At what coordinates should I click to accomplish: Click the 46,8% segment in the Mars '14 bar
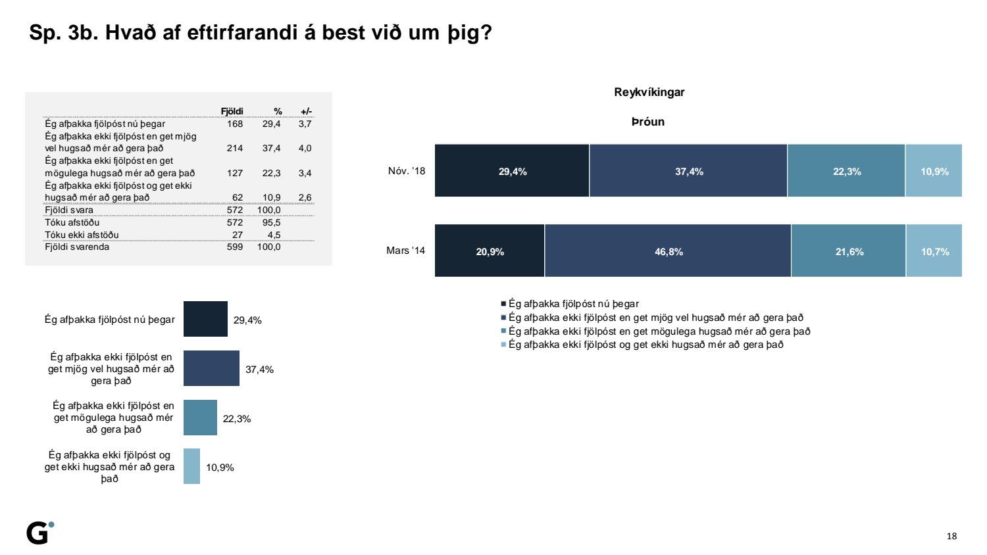[x=668, y=251]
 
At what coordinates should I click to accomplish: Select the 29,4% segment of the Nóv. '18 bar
[x=512, y=171]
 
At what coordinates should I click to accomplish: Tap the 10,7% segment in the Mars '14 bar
[x=934, y=251]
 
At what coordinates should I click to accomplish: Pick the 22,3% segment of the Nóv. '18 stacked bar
[x=846, y=171]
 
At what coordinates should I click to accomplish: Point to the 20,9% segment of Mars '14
[x=490, y=251]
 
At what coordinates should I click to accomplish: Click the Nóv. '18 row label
[x=407, y=171]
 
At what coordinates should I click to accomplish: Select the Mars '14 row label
[x=405, y=251]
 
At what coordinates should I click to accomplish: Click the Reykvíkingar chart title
[x=649, y=92]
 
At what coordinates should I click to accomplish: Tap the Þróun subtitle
[x=648, y=122]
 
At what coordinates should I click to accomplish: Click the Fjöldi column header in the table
[x=232, y=111]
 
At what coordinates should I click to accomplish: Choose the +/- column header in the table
[x=306, y=111]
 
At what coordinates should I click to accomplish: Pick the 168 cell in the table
[x=235, y=124]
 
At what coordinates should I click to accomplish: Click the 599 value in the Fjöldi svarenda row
[x=235, y=247]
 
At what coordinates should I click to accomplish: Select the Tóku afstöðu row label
[x=72, y=222]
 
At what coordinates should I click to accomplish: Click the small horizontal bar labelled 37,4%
[x=211, y=368]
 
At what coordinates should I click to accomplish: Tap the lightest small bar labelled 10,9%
[x=191, y=466]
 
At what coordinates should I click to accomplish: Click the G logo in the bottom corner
[x=39, y=533]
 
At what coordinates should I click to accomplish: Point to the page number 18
[x=951, y=536]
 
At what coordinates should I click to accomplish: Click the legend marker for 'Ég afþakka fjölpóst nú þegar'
[x=503, y=304]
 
